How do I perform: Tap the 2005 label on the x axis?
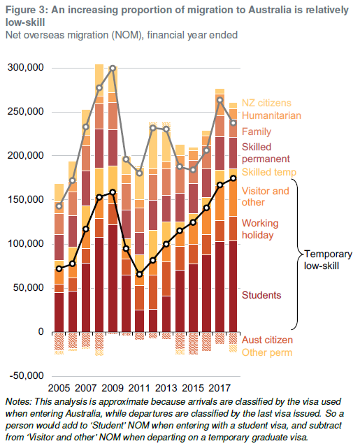(59, 387)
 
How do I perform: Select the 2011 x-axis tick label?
(138, 387)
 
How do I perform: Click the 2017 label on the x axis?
(219, 387)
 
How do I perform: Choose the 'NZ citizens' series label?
(266, 103)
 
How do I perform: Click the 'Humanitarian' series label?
(271, 115)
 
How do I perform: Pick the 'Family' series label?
(256, 131)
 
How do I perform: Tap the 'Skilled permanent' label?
(266, 153)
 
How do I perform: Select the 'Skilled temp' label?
(269, 172)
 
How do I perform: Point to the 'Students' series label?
(261, 295)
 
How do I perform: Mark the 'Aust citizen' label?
(267, 340)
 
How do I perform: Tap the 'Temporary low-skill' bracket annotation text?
(327, 259)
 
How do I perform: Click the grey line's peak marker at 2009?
(113, 69)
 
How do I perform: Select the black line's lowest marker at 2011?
(139, 274)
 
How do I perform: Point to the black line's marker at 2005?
(59, 268)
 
